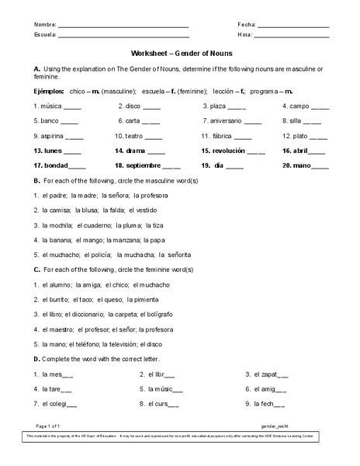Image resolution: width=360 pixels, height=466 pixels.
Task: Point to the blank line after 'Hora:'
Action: click(x=292, y=37)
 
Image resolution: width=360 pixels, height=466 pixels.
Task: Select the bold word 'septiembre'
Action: click(x=143, y=165)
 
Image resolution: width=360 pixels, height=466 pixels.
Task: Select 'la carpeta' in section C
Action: click(x=122, y=314)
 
